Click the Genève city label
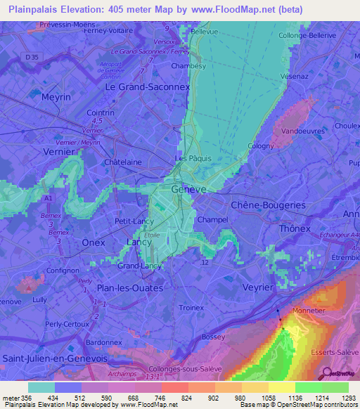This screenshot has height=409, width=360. coord(189,190)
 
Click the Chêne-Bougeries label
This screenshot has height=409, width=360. coord(268,204)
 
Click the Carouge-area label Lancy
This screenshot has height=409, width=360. coord(139,242)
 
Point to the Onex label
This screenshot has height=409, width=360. coord(94,242)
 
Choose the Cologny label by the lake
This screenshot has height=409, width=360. coord(260,145)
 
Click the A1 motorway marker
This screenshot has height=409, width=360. coord(49,199)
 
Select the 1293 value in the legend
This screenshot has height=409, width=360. coord(340,398)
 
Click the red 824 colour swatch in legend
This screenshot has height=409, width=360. coord(174,387)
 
